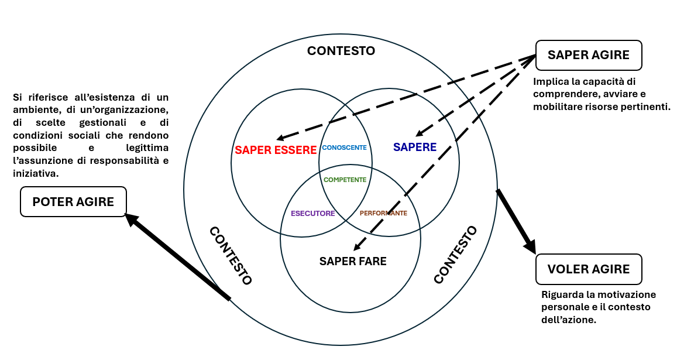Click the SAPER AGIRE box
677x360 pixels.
click(589, 55)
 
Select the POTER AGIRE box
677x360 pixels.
click(73, 201)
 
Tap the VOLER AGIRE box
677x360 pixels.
click(589, 269)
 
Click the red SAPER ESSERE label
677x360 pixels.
click(276, 150)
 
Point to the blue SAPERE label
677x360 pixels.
click(415, 147)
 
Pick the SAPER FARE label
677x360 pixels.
click(353, 261)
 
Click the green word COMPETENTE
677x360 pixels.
click(345, 180)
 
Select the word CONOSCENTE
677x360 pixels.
click(344, 148)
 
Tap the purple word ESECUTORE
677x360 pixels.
click(313, 213)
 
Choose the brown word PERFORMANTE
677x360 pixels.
click(383, 213)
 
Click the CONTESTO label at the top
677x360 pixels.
click(341, 51)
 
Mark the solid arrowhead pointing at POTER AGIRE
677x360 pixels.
click(130, 218)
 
